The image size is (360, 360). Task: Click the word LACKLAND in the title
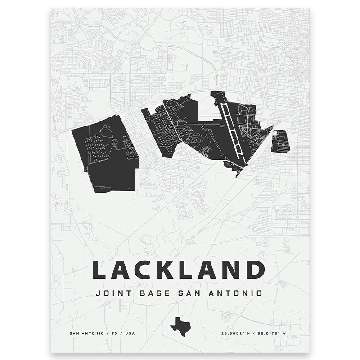[x=178, y=270]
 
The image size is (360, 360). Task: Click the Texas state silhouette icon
[x=180, y=324]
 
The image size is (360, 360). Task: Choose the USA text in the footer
[x=129, y=334]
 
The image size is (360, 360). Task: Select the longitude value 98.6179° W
[x=273, y=334]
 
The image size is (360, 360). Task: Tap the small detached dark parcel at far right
[x=280, y=141]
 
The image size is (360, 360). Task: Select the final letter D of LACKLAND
[x=255, y=270]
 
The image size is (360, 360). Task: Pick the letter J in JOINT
[x=99, y=293]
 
